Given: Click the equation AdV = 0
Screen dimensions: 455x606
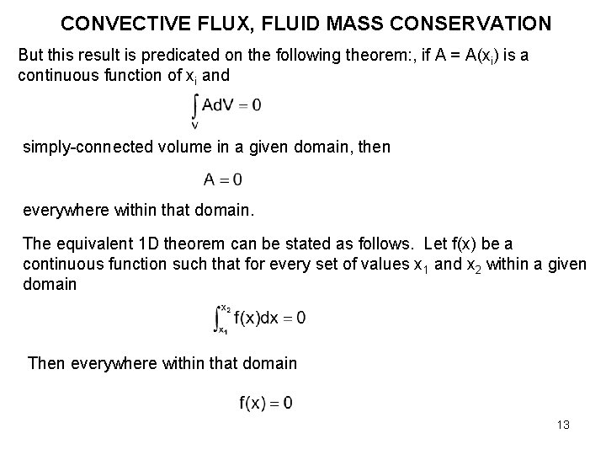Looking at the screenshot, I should pos(232,105).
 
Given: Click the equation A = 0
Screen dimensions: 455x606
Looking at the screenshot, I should pos(223,179).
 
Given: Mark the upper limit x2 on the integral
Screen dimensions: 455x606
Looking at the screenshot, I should pos(225,308).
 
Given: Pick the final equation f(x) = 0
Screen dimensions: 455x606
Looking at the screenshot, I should pos(266,403).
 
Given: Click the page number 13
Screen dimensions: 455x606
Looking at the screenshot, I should pos(562,425).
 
